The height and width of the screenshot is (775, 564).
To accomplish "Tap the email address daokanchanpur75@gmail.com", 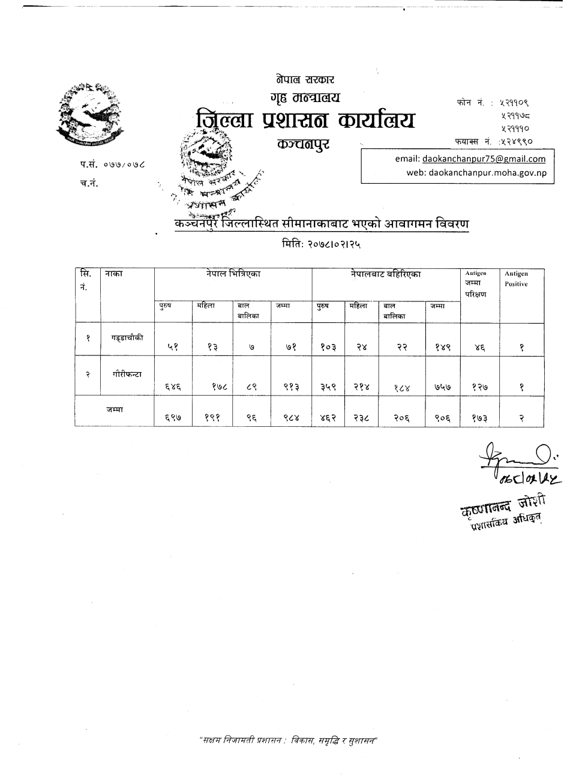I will [x=484, y=159].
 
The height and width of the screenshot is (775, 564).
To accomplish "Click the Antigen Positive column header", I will [x=516, y=279].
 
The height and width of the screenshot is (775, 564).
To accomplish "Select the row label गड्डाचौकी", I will [x=127, y=338].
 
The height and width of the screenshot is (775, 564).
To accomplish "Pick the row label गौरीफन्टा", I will [x=127, y=373].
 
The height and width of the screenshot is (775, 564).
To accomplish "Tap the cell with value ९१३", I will [x=291, y=387].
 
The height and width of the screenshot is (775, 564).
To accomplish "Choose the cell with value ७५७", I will [x=443, y=387].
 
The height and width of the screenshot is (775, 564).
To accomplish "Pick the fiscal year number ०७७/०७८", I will [x=124, y=163].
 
